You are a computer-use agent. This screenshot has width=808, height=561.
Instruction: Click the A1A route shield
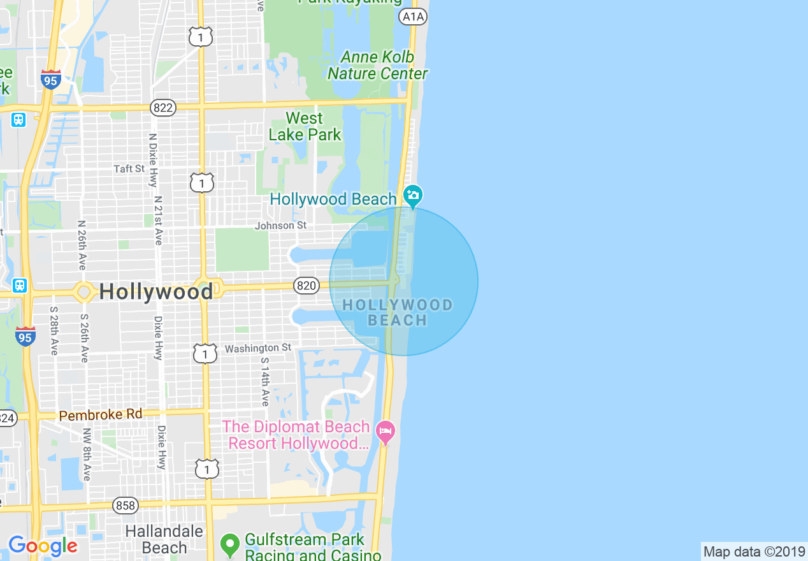(x=412, y=17)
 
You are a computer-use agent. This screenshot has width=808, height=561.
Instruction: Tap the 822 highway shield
(x=163, y=108)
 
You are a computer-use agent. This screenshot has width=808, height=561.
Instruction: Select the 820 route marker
(x=307, y=286)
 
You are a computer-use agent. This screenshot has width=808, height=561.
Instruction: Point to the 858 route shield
(x=126, y=506)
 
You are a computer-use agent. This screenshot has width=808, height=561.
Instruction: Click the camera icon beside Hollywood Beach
(x=413, y=195)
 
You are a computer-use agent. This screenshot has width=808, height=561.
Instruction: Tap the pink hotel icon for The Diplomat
(x=385, y=432)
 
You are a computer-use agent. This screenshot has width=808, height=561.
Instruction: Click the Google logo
(x=42, y=546)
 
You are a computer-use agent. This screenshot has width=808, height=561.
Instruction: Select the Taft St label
(x=129, y=168)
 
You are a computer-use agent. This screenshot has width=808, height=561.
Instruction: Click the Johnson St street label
(x=280, y=226)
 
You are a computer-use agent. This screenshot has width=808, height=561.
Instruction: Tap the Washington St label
(x=257, y=348)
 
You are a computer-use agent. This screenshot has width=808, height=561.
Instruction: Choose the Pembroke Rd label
(x=101, y=415)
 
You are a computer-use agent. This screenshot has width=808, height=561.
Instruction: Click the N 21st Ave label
(x=158, y=220)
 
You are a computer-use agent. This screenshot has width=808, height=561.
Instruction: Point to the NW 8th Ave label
(x=86, y=455)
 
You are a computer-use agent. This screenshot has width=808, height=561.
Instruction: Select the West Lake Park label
(x=305, y=126)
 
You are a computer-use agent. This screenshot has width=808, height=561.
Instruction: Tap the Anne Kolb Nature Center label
(x=377, y=66)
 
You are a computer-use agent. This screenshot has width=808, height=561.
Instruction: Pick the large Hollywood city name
(x=156, y=292)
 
